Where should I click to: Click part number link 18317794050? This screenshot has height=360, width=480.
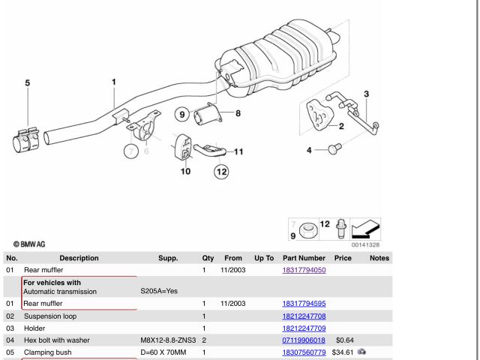[x=304, y=270]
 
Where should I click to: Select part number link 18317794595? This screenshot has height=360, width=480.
[x=304, y=304]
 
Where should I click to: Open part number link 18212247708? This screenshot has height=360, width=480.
[x=304, y=316]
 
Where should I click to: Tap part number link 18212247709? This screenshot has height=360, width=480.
[x=304, y=328]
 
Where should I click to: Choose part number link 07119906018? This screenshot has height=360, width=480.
[x=304, y=340]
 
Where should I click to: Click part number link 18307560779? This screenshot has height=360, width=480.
[x=304, y=352]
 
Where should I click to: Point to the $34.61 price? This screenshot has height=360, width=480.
[x=342, y=352]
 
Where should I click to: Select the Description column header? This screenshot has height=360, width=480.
[x=79, y=258]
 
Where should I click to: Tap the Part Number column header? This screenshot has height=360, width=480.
[x=304, y=258]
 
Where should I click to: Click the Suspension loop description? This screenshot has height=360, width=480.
[x=50, y=316]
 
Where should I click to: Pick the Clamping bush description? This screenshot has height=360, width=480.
[x=48, y=352]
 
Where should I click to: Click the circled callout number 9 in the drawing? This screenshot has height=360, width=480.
[x=182, y=115]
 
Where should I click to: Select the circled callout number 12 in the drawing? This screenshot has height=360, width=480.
[x=221, y=172]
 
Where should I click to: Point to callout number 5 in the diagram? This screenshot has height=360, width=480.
[x=28, y=83]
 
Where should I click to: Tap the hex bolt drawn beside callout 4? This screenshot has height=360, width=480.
[x=334, y=150]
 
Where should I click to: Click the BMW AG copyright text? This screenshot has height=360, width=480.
[x=29, y=244]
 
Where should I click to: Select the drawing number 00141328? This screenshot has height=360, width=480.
[x=365, y=245]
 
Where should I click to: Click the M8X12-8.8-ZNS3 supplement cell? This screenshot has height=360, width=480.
[x=167, y=340]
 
